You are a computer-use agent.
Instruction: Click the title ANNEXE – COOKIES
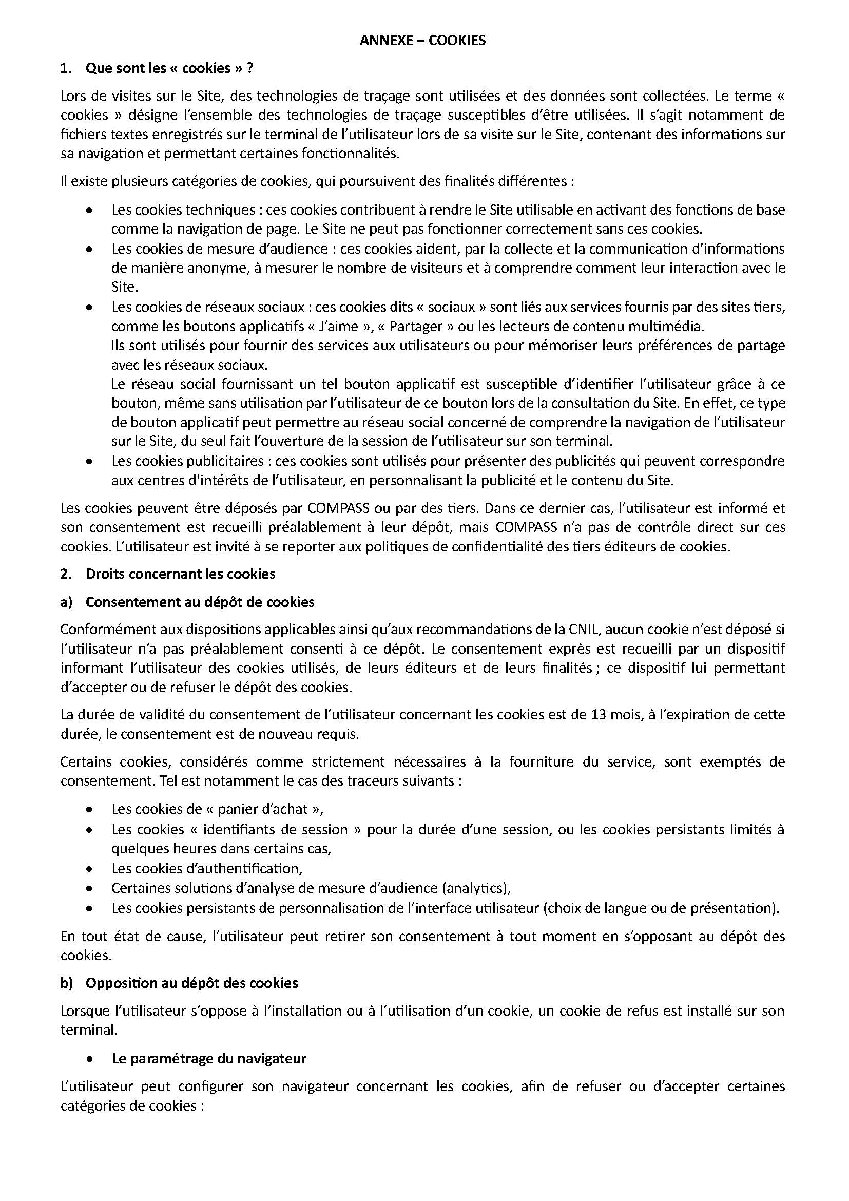pyautogui.click(x=422, y=40)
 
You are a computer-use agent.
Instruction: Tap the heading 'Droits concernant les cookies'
pyautogui.click(x=180, y=574)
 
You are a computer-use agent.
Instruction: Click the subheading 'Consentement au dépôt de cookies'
pyautogui.click(x=200, y=602)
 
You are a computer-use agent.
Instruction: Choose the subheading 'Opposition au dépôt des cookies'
pyautogui.click(x=191, y=983)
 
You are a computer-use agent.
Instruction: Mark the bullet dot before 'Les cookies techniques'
pyautogui.click(x=90, y=211)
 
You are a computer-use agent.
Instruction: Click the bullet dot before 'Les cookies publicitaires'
pyautogui.click(x=90, y=462)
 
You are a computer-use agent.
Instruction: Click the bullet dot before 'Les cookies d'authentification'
pyautogui.click(x=90, y=869)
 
